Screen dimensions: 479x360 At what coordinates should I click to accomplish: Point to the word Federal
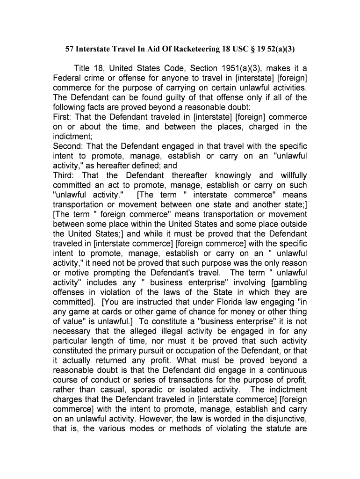point(67,78)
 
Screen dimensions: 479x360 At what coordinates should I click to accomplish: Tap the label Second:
point(68,146)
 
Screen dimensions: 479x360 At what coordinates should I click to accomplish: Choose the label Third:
point(64,175)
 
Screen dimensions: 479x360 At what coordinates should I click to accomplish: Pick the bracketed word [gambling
point(288,282)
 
